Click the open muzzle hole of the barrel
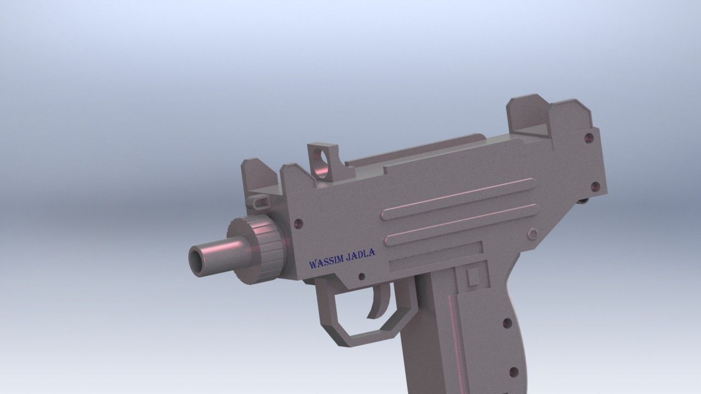tap(196, 260)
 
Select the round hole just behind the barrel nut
tap(298, 224)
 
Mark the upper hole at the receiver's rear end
tap(589, 138)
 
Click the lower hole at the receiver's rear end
tap(595, 186)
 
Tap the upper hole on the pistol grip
tap(507, 323)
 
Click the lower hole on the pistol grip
tap(513, 373)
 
